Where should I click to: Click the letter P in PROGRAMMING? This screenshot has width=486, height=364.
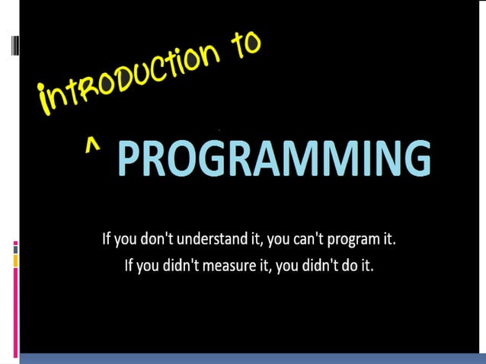tap(130, 159)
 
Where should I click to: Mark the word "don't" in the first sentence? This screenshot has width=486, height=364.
tap(160, 240)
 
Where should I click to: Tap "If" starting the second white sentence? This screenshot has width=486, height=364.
tap(130, 268)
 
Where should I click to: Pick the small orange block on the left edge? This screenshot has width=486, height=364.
tap(16, 261)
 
